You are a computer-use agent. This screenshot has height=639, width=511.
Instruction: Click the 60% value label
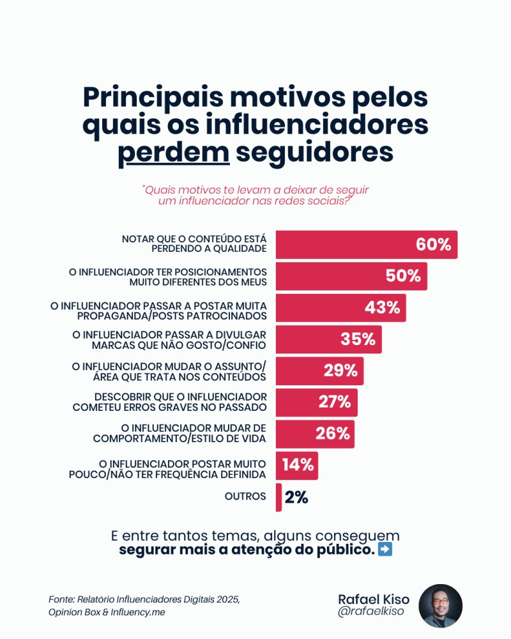point(433,245)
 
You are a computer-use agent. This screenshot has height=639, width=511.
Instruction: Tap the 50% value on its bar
point(403,276)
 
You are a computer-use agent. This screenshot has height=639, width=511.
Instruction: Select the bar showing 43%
point(340,307)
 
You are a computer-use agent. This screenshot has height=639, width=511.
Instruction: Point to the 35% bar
point(328,339)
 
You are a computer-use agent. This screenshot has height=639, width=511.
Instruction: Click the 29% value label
point(340,371)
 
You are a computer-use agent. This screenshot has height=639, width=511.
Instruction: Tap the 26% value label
point(333,434)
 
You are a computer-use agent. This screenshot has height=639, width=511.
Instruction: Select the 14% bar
point(296,465)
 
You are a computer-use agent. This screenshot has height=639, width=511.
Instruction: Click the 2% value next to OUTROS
point(296,497)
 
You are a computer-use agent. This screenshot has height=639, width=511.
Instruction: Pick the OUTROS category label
point(245,497)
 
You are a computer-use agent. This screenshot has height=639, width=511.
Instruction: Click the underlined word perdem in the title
point(174,153)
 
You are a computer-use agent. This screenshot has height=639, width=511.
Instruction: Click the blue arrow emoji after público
point(385,550)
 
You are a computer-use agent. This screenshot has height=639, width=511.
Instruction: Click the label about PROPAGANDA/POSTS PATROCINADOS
point(158,311)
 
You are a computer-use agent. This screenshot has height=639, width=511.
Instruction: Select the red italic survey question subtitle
point(256,196)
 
